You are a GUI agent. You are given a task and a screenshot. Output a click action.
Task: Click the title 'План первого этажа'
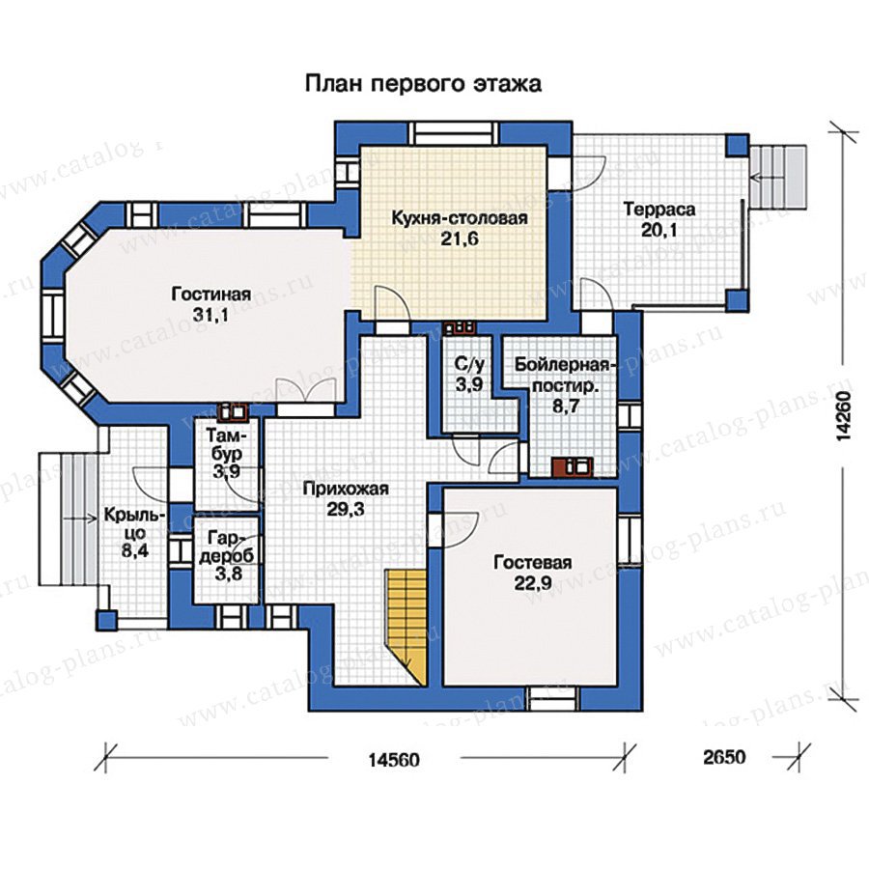click(423, 84)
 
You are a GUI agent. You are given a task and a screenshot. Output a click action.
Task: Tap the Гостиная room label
click(210, 294)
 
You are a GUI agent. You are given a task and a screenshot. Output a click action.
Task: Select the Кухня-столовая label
click(460, 218)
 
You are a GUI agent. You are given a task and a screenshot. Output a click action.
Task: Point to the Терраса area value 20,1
click(659, 230)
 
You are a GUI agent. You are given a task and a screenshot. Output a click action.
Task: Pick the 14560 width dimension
click(394, 759)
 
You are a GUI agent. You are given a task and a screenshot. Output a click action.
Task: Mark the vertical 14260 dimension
click(843, 415)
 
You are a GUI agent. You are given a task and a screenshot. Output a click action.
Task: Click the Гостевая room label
click(532, 563)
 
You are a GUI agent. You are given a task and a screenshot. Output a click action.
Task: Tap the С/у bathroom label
click(470, 364)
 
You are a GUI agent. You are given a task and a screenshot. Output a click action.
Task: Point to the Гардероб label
click(228, 547)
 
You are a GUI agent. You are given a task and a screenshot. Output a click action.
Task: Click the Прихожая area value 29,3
click(346, 509)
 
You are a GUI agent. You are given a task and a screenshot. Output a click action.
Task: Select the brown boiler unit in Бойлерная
click(572, 467)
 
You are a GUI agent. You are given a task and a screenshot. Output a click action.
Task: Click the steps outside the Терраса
click(777, 177)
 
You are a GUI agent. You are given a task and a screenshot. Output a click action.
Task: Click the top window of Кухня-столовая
click(455, 132)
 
